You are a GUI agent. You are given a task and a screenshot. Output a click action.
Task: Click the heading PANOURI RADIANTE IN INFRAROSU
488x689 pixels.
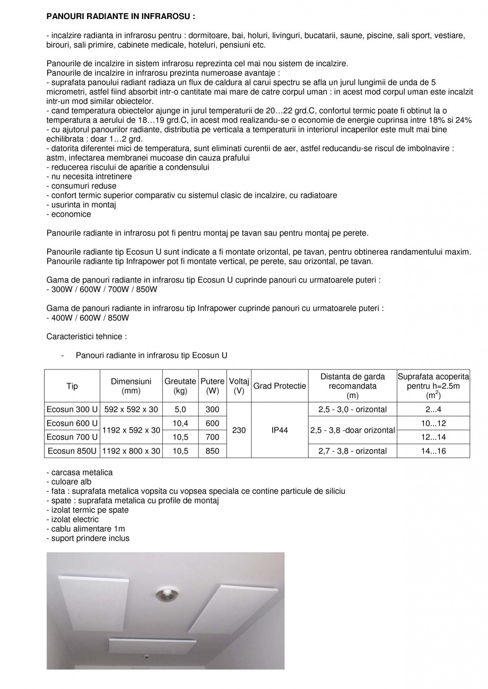click(121, 16)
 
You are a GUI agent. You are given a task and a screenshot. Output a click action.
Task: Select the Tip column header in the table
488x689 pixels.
click(72, 386)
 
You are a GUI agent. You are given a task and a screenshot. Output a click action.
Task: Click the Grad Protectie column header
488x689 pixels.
click(280, 386)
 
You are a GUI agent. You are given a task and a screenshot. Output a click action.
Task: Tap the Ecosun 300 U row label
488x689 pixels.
click(72, 409)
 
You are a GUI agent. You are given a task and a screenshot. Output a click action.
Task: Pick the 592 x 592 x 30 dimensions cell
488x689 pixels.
click(131, 409)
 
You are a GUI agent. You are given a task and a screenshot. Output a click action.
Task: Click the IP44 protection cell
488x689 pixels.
click(280, 430)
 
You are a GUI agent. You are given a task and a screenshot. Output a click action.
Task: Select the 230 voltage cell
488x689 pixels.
click(239, 430)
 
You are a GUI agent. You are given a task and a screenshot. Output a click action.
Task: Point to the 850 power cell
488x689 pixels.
click(212, 451)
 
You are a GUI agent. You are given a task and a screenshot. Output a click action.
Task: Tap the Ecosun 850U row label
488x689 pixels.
click(72, 451)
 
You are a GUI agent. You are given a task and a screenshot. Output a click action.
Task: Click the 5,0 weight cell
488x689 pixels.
click(180, 409)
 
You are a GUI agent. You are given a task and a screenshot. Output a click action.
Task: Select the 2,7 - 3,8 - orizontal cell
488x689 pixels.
click(353, 451)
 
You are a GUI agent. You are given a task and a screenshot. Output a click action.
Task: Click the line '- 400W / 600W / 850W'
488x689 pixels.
click(88, 317)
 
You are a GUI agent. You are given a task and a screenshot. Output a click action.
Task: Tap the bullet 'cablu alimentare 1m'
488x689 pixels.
click(86, 528)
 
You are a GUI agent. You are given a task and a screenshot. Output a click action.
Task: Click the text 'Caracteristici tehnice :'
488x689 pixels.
click(86, 336)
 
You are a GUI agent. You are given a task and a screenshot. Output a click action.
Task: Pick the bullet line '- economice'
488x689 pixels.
click(68, 214)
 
